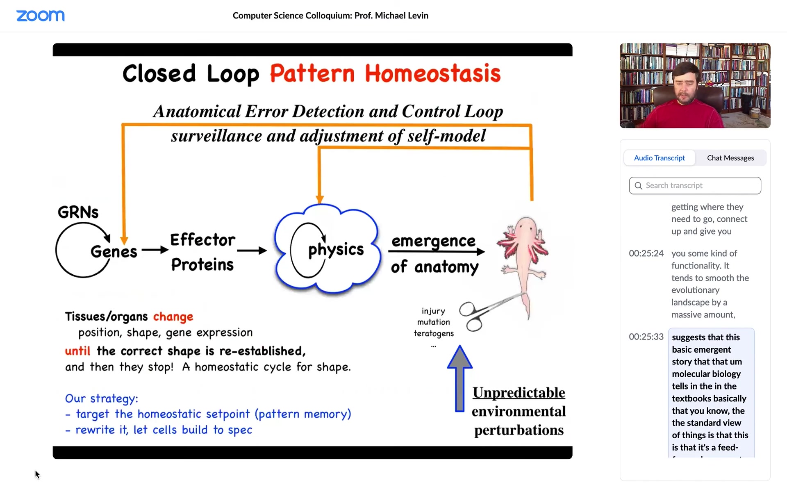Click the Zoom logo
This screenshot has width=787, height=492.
click(x=40, y=16)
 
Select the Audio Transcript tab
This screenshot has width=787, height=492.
click(x=659, y=158)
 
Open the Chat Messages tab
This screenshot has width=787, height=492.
click(x=730, y=158)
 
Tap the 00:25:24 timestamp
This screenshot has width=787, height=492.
click(x=646, y=253)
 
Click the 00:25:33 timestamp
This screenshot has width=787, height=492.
click(x=646, y=337)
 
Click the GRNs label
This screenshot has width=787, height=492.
click(x=78, y=212)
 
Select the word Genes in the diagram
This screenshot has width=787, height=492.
click(x=114, y=251)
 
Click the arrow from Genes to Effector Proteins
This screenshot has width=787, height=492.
click(x=155, y=250)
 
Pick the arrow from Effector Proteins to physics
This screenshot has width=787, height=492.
click(x=252, y=250)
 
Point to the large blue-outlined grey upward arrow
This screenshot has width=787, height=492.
click(x=459, y=378)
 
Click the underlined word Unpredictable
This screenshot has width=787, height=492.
click(x=519, y=392)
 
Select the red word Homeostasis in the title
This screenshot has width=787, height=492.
click(x=432, y=74)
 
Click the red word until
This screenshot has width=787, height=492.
click(x=77, y=351)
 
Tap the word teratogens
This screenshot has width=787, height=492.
click(x=434, y=333)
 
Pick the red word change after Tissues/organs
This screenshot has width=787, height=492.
click(x=173, y=317)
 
